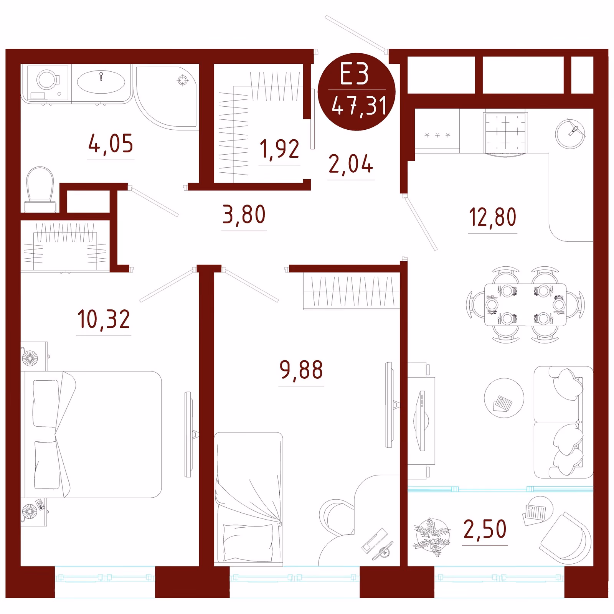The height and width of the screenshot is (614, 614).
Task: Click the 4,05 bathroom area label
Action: (111, 144)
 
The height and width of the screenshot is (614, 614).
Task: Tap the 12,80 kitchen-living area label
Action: (493, 217)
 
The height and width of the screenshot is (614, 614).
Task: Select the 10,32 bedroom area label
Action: (104, 319)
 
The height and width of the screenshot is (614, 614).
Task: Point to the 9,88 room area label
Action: (301, 370)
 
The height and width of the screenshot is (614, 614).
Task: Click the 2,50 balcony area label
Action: (485, 529)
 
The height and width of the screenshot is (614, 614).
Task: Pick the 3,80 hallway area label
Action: (244, 215)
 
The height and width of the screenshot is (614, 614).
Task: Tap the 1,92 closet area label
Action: (279, 149)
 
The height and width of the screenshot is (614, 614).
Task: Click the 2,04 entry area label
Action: (351, 164)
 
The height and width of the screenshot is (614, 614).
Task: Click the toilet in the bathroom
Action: (40, 190)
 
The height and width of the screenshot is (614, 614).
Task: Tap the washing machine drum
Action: (48, 80)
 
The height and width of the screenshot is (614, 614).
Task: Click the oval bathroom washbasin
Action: (101, 82)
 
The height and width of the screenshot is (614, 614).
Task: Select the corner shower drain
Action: (183, 81)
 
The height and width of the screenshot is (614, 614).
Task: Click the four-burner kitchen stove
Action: (506, 133)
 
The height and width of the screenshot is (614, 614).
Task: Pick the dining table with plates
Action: (525, 305)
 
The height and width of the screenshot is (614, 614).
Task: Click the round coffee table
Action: (504, 398)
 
